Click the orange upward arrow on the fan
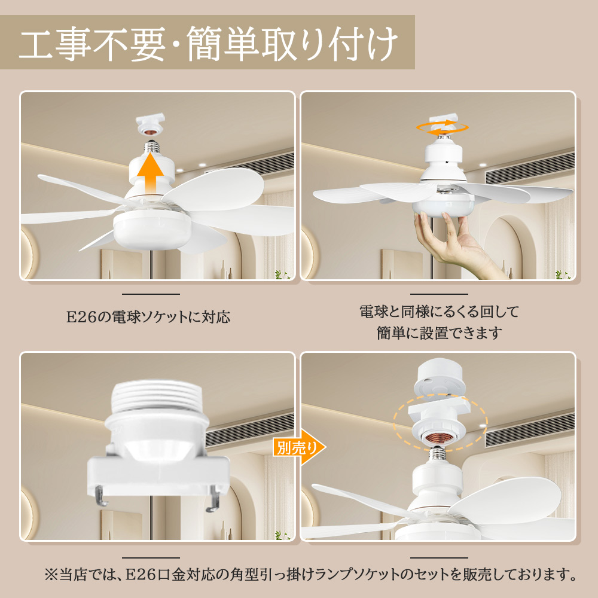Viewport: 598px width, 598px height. pos(151,173)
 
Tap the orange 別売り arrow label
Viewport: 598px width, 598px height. pos(299,447)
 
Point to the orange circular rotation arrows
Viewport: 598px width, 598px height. pos(442,128)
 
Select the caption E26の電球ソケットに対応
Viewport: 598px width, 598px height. pos(148,318)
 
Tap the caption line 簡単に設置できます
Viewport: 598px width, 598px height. pos(440,333)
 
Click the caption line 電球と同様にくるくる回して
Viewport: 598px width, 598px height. pos(440,312)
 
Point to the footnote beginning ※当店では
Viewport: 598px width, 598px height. pos(310,574)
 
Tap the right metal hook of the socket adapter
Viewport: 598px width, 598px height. pos(213,499)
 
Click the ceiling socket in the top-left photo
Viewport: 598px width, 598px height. pos(151,123)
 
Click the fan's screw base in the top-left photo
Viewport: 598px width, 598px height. pos(152,147)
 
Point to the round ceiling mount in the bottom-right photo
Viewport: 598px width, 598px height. pos(442,378)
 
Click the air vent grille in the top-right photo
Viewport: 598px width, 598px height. pos(530,169)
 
